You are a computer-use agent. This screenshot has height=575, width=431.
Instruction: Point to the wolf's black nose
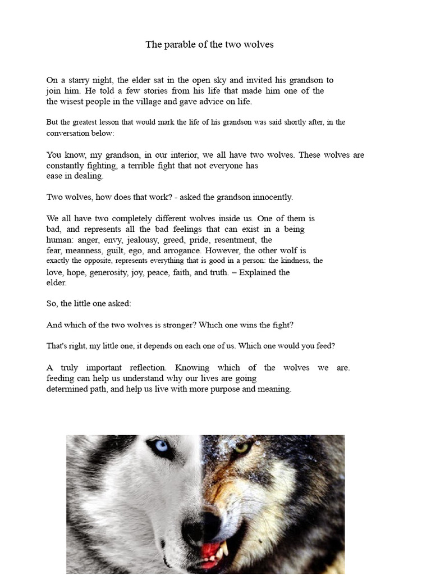pyautogui.click(x=199, y=524)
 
